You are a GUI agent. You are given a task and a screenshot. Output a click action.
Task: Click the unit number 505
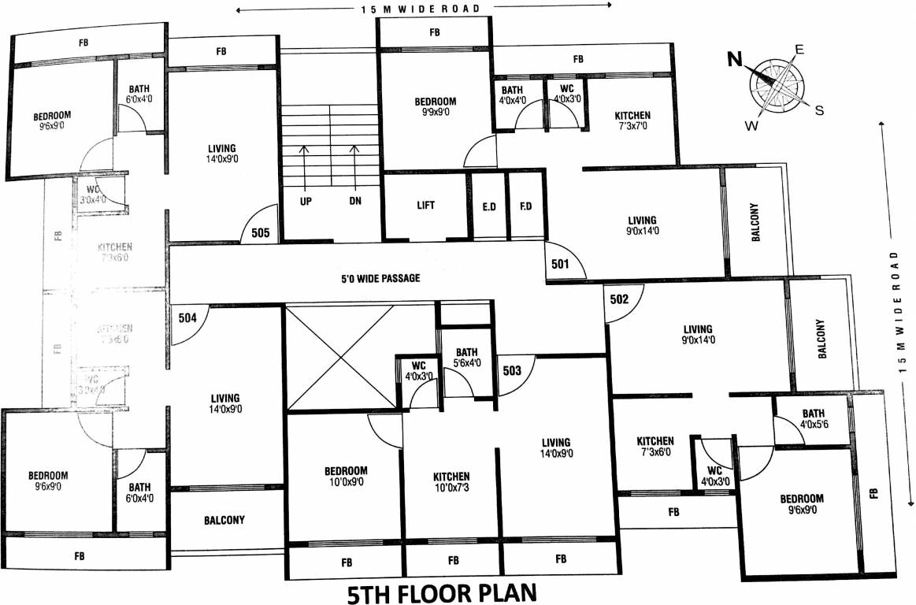pos(261,233)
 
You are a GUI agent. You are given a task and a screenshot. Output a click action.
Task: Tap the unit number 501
pos(559,264)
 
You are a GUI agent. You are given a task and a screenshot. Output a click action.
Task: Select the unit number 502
pos(619,299)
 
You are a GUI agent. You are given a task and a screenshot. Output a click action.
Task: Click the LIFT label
pos(426,205)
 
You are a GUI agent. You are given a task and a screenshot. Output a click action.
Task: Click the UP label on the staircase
pos(306,201)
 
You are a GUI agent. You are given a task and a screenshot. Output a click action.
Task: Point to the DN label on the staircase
pos(355,201)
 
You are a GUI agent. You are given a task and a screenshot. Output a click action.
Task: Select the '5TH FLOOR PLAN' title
pos(441,592)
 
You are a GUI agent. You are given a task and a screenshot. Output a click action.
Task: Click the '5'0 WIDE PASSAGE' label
pos(380,278)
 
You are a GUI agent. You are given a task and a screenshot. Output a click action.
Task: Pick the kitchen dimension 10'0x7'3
pos(451,488)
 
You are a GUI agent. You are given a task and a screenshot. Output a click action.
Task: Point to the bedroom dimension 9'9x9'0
pos(436,113)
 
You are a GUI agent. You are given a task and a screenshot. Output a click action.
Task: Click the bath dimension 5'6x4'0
pos(466,364)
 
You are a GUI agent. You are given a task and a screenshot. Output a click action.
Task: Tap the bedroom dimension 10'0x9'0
pos(346,483)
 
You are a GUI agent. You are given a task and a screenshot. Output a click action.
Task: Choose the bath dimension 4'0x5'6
pos(814,425)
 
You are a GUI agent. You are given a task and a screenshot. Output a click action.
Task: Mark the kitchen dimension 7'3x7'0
pos(632,127)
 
